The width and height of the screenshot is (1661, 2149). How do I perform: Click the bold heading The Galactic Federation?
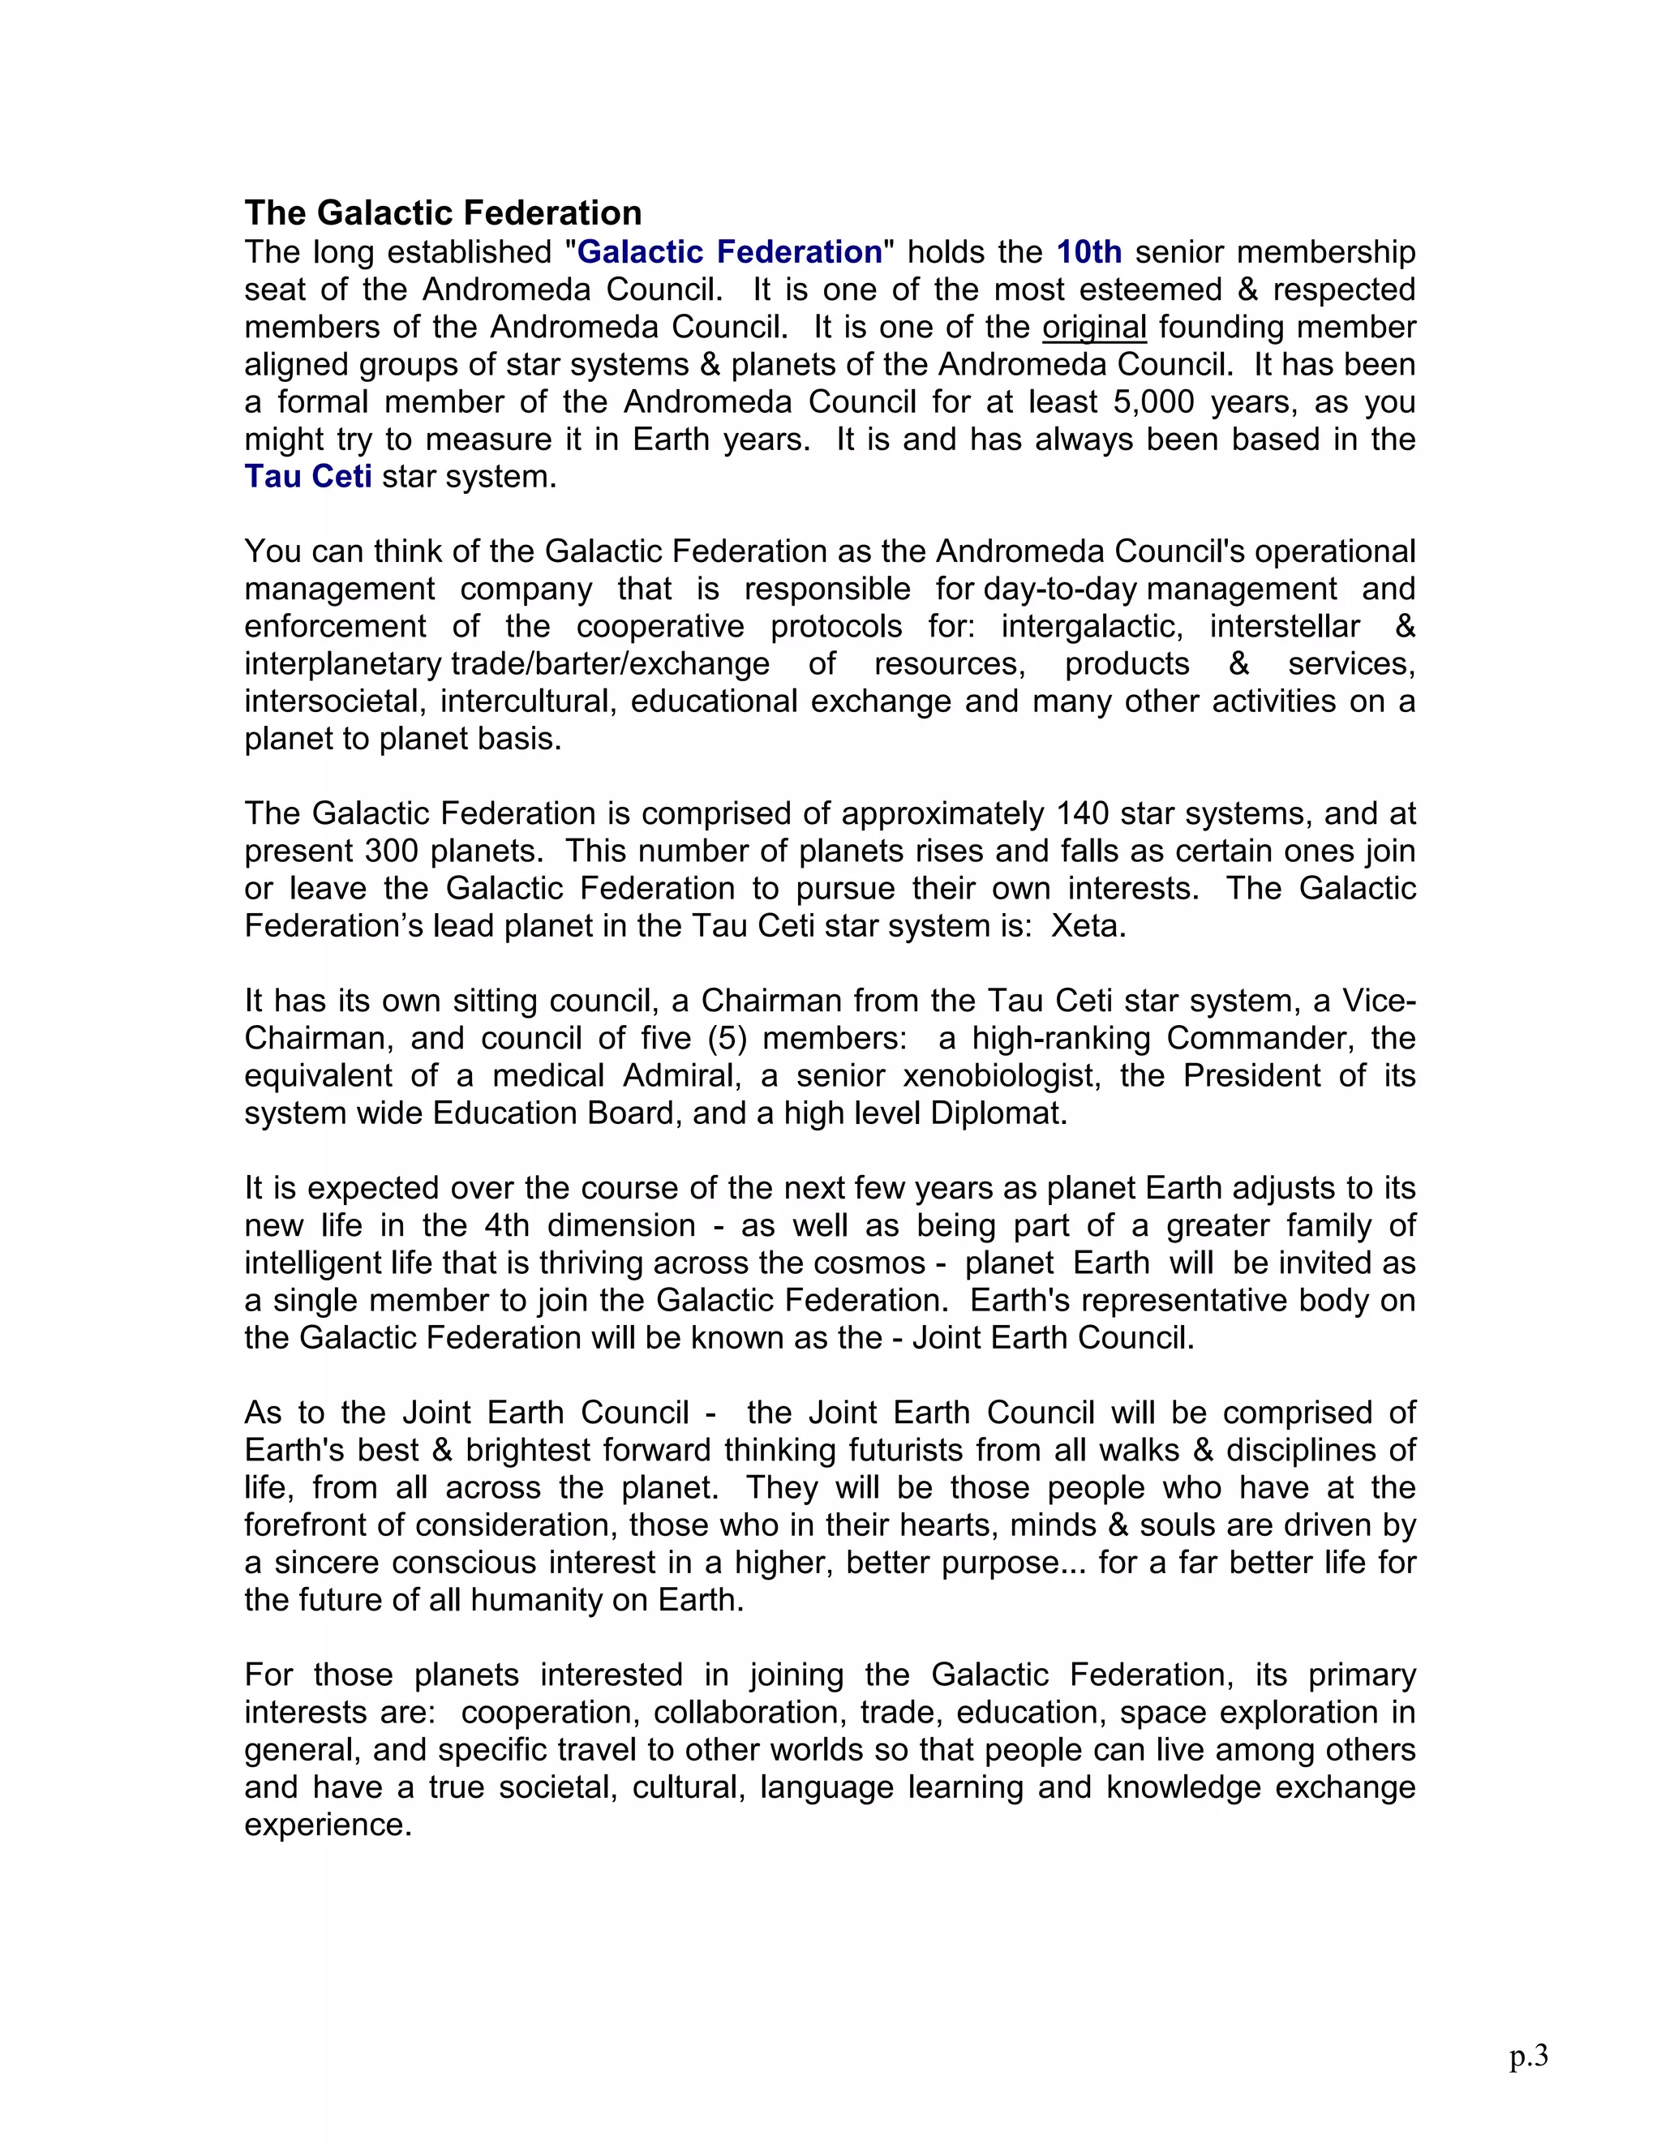point(443,212)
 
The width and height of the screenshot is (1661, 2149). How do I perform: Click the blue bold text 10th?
point(1088,252)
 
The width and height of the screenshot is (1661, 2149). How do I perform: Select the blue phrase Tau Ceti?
point(308,476)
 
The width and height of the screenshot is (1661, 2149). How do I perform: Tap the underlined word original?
point(1094,327)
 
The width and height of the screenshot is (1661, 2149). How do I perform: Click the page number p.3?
point(1528,2055)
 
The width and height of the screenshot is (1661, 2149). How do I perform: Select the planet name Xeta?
point(1088,926)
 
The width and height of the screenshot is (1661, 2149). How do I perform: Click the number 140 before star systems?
point(1084,813)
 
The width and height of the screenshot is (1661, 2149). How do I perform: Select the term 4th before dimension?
point(507,1226)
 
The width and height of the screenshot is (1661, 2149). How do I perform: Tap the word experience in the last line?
point(327,1825)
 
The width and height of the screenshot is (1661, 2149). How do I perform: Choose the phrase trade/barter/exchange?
point(610,664)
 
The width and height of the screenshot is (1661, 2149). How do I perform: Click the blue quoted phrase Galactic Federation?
point(729,252)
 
